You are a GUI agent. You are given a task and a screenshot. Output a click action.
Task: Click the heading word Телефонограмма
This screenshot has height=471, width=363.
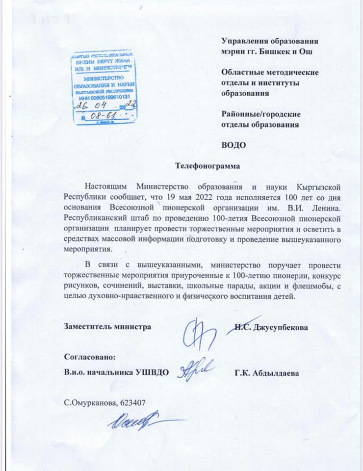click(208, 166)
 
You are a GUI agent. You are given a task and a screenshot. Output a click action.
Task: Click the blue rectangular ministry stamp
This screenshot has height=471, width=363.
click(104, 86)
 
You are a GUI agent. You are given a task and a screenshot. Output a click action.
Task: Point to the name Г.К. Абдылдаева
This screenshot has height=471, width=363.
click(267, 373)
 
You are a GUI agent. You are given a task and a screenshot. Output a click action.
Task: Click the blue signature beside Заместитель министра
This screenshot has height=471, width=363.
click(199, 334)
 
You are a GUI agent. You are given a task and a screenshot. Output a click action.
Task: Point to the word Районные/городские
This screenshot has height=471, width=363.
click(261, 114)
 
